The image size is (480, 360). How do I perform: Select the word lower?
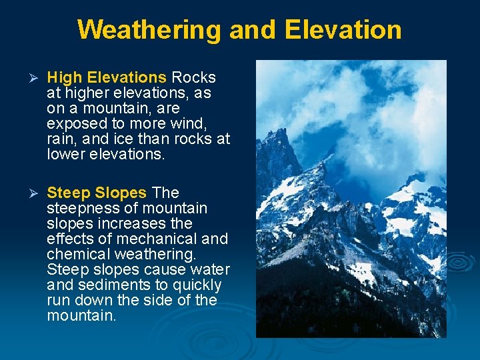[x=67, y=154]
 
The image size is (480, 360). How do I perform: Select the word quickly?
[x=197, y=285]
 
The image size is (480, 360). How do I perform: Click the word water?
[x=210, y=269]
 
